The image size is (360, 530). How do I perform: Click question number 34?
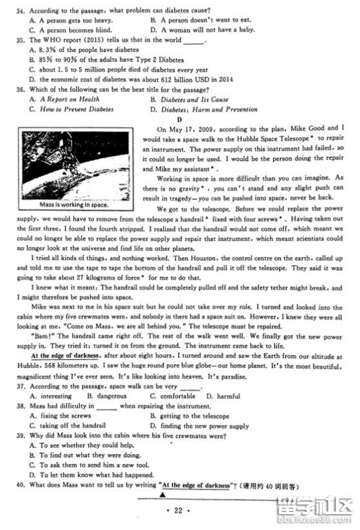(x=22, y=10)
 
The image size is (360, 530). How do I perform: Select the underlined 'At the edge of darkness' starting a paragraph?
(x=66, y=356)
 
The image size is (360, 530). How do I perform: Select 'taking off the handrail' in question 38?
(x=72, y=426)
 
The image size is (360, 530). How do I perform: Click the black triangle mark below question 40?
(x=163, y=495)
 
